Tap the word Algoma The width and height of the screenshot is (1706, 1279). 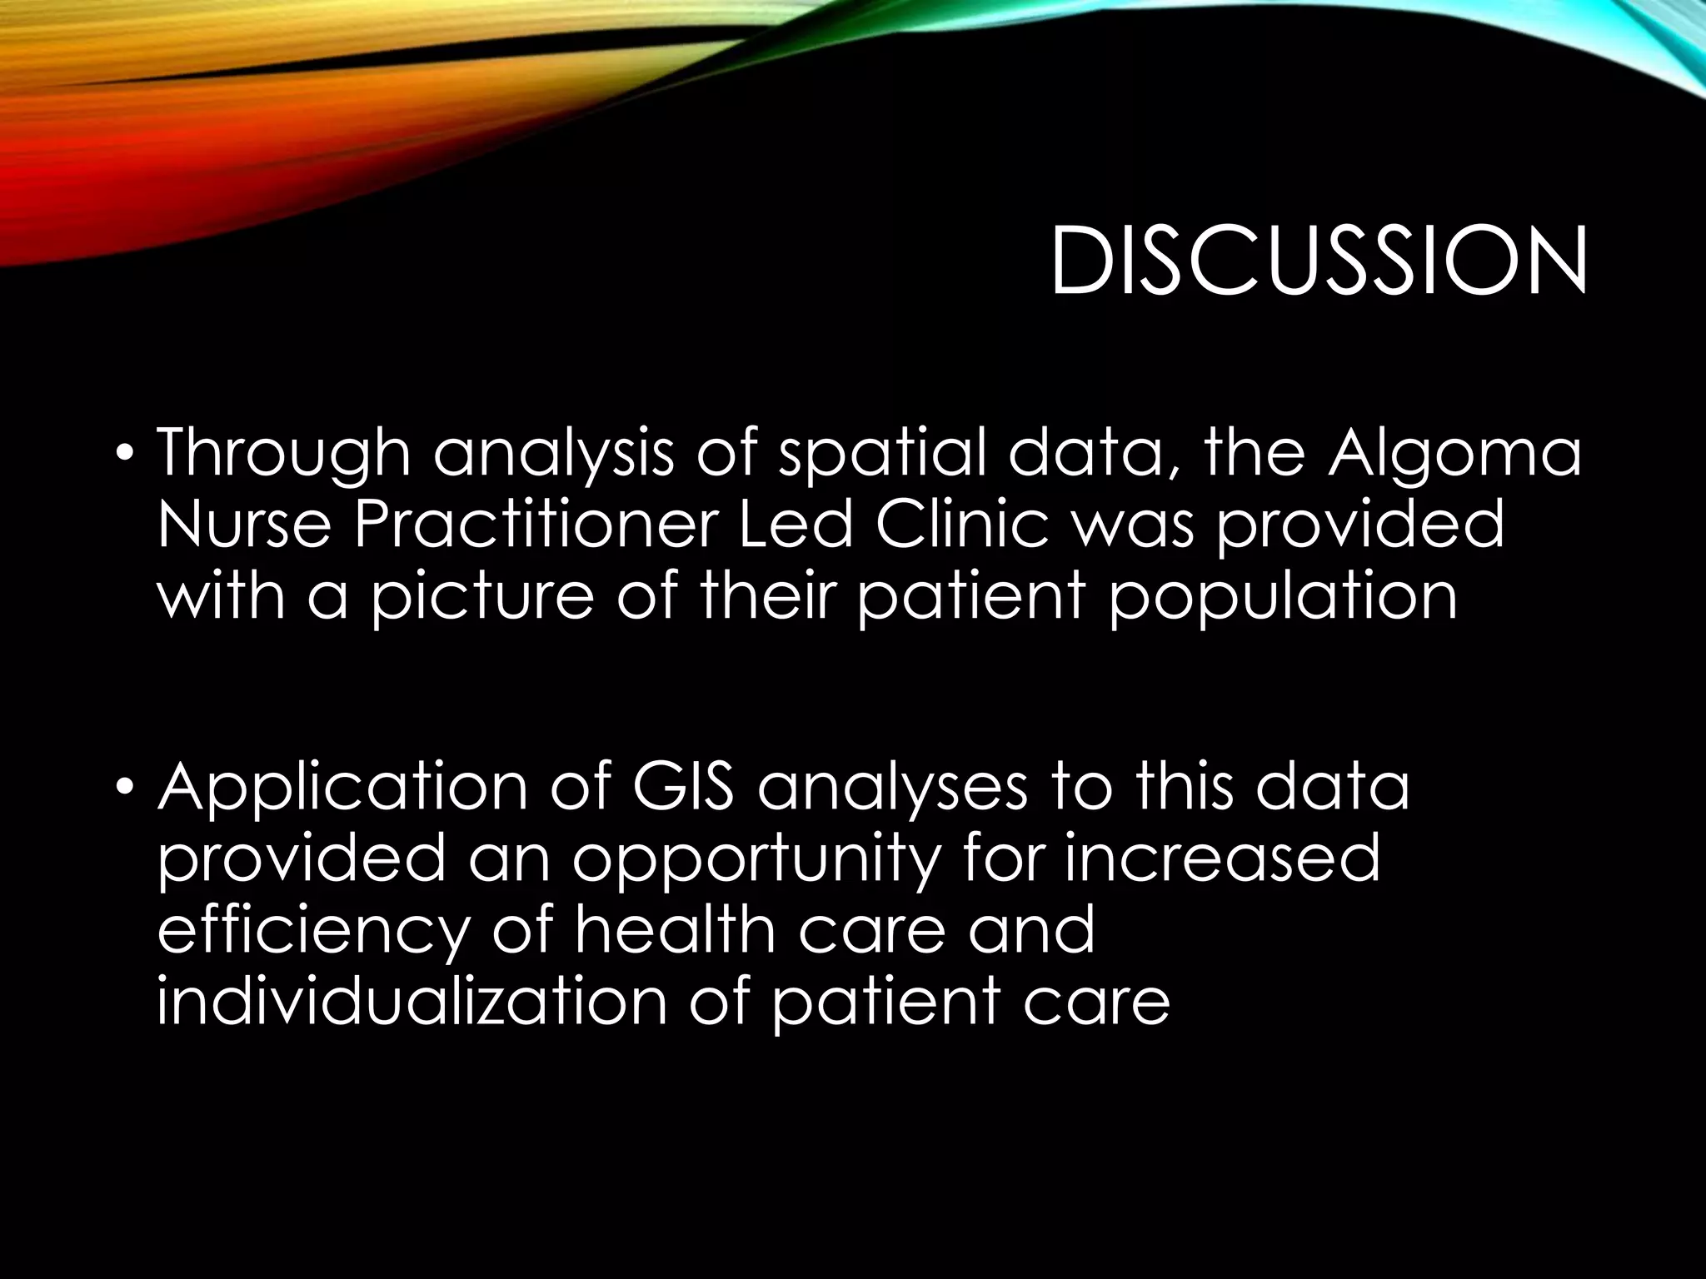pos(1454,455)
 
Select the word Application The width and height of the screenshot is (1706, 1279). pos(342,789)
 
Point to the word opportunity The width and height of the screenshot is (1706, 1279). pos(755,861)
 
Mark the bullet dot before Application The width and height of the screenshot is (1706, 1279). pos(124,787)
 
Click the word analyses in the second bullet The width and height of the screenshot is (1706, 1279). pos(892,789)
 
